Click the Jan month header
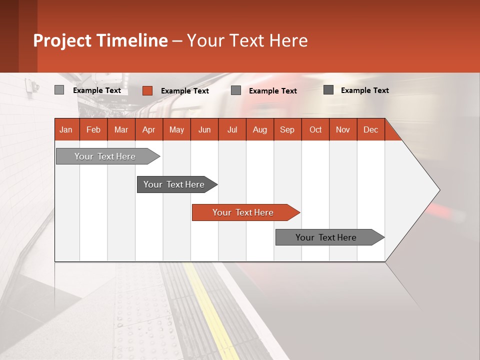click(x=66, y=129)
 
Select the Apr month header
click(x=149, y=129)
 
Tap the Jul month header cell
click(x=232, y=129)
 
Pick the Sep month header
click(x=287, y=129)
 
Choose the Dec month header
click(x=370, y=129)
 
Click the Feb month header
click(x=93, y=129)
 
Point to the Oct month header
click(x=315, y=129)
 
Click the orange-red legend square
click(x=147, y=90)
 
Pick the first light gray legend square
click(x=59, y=90)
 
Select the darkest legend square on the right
click(x=328, y=89)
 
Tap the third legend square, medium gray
click(x=236, y=90)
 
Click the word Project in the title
click(x=62, y=40)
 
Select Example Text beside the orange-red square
click(x=185, y=91)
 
